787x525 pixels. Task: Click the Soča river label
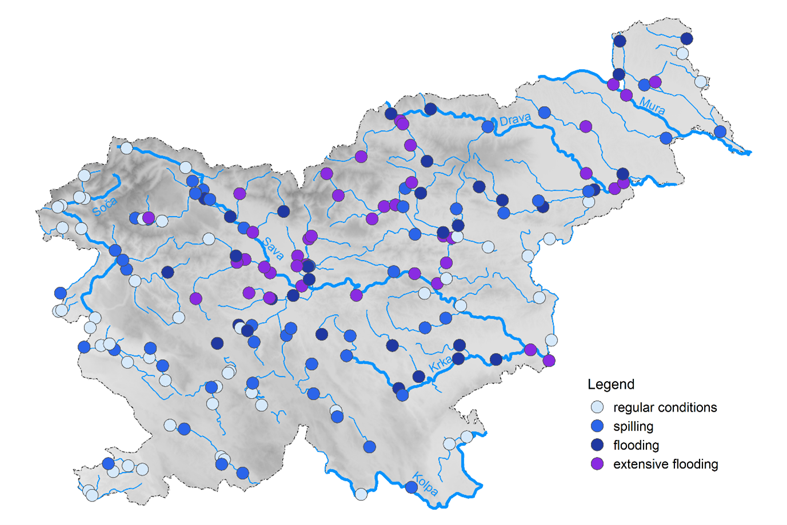[104, 206]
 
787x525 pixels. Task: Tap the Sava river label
[274, 249]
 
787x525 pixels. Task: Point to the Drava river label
[515, 119]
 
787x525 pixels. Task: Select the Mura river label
[652, 106]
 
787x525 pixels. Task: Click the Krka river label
[440, 363]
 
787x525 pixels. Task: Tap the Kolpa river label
[425, 484]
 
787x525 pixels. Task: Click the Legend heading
[611, 384]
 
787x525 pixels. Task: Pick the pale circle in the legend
[597, 407]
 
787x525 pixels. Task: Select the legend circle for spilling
[597, 426]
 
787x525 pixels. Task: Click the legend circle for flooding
[597, 445]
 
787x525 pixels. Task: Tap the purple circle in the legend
[597, 464]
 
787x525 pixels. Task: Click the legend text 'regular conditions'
[665, 407]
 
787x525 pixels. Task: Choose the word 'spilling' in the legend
[633, 427]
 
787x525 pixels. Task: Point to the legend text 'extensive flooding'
[665, 464]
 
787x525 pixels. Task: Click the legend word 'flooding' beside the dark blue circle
[636, 445]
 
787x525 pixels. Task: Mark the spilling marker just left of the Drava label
[488, 126]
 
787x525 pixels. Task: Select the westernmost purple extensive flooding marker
[149, 218]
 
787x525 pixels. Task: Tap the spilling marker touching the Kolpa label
[412, 487]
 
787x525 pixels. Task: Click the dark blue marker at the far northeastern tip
[687, 39]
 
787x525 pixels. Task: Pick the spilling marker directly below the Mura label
[666, 138]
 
